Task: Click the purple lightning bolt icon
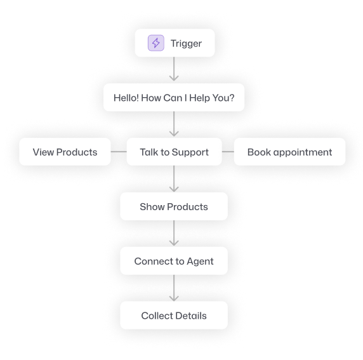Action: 156,43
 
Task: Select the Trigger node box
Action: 175,43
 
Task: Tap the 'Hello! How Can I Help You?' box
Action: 174,98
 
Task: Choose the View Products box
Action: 65,152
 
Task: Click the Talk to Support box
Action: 174,152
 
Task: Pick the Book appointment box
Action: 289,152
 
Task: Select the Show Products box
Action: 174,206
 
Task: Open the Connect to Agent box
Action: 174,261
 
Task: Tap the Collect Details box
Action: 174,316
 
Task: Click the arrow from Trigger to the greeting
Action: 174,69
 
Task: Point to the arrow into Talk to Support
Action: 174,124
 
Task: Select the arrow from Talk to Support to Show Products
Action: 174,178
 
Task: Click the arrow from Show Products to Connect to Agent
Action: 174,233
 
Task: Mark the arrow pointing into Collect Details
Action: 174,288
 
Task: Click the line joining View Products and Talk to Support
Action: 119,152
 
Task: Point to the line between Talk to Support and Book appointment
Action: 228,152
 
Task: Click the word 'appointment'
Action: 303,152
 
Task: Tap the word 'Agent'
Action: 200,262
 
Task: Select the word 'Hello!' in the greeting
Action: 126,98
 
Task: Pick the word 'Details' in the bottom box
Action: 191,316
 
